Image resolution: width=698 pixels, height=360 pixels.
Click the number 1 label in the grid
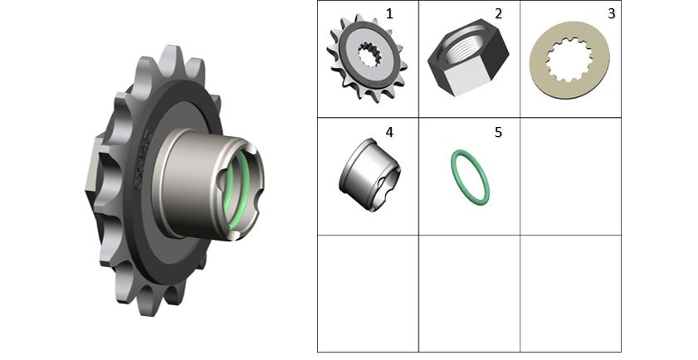point(389,14)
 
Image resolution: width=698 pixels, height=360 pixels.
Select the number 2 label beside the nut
point(498,14)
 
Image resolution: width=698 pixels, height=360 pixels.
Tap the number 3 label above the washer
point(611,14)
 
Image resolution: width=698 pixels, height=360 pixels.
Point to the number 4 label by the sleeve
point(389,132)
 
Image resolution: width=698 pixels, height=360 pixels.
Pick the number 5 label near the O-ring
point(498,132)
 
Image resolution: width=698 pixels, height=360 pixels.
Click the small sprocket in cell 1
point(367,58)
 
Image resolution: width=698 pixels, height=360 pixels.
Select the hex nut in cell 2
point(468,57)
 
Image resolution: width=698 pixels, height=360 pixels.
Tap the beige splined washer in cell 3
point(570,60)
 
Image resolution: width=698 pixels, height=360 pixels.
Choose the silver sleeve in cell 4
point(369,174)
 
